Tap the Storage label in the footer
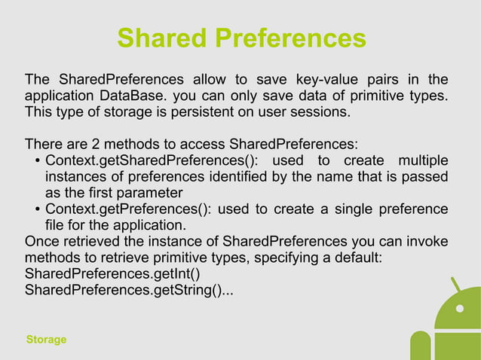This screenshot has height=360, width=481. [46, 340]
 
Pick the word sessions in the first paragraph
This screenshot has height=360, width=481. [323, 113]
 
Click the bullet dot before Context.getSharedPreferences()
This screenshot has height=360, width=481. [37, 161]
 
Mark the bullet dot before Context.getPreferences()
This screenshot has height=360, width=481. [37, 209]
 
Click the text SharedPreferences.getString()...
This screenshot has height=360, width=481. [128, 291]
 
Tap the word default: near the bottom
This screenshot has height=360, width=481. [358, 258]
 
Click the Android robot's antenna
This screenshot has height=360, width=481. [455, 285]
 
